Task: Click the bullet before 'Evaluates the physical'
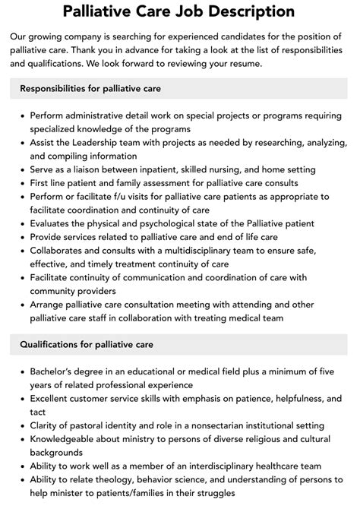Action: pyautogui.click(x=22, y=224)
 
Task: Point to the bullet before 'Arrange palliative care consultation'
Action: pyautogui.click(x=22, y=305)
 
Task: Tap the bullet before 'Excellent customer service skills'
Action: pyautogui.click(x=22, y=398)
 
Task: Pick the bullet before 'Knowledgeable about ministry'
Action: pyautogui.click(x=22, y=439)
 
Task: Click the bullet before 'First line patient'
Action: pyautogui.click(x=22, y=183)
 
